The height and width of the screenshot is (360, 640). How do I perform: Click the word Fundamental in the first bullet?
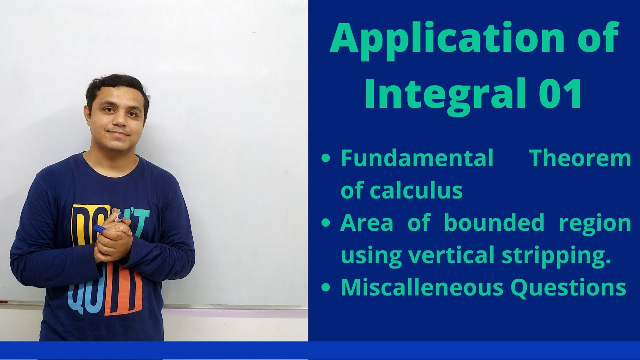417,159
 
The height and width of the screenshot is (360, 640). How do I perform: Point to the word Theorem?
580,159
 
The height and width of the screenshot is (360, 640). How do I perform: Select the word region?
595,223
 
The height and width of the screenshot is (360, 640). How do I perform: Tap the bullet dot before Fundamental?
326,159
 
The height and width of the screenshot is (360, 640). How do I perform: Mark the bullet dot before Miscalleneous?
326,288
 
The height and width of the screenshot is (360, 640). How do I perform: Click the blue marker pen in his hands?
100,229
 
